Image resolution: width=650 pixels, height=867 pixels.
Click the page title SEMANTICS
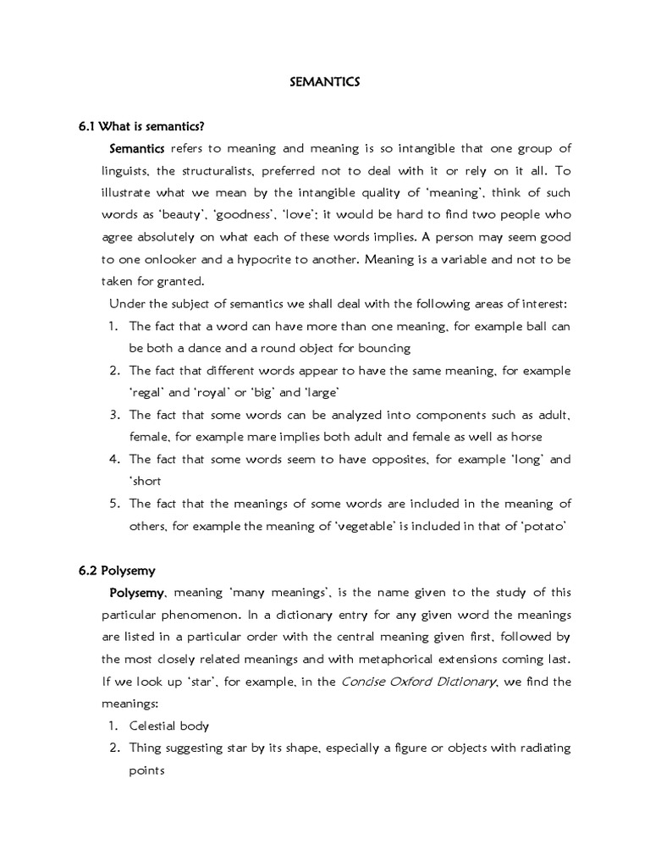325,82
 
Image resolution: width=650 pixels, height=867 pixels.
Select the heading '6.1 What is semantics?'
142,127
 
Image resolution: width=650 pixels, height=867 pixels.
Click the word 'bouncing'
381,348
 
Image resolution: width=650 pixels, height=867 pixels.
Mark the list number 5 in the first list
114,503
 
